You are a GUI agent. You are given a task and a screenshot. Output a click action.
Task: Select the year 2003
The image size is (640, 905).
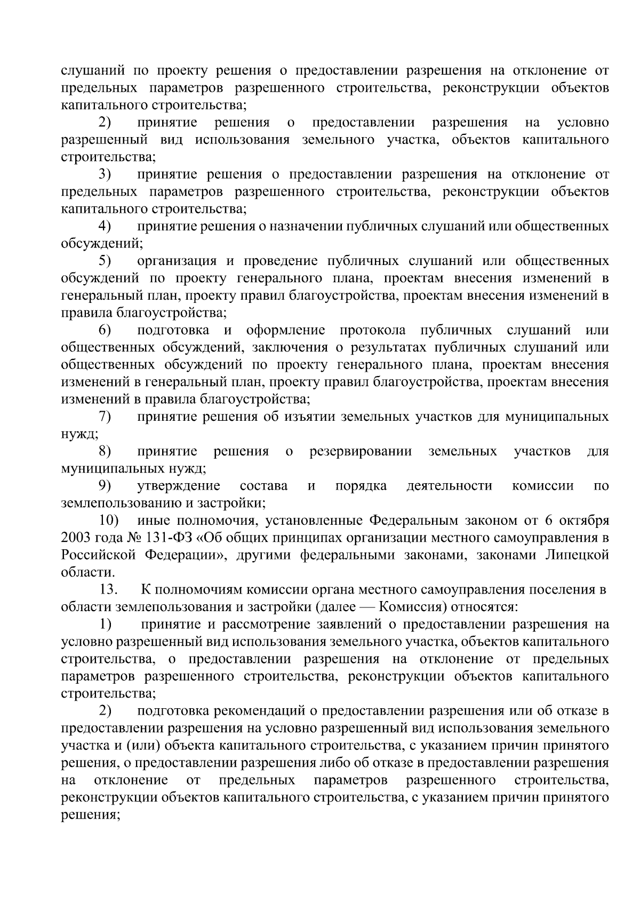point(77,538)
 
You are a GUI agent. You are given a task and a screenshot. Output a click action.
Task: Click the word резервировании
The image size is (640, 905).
point(361,452)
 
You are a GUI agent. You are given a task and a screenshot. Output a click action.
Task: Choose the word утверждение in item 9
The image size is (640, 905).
point(179,485)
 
